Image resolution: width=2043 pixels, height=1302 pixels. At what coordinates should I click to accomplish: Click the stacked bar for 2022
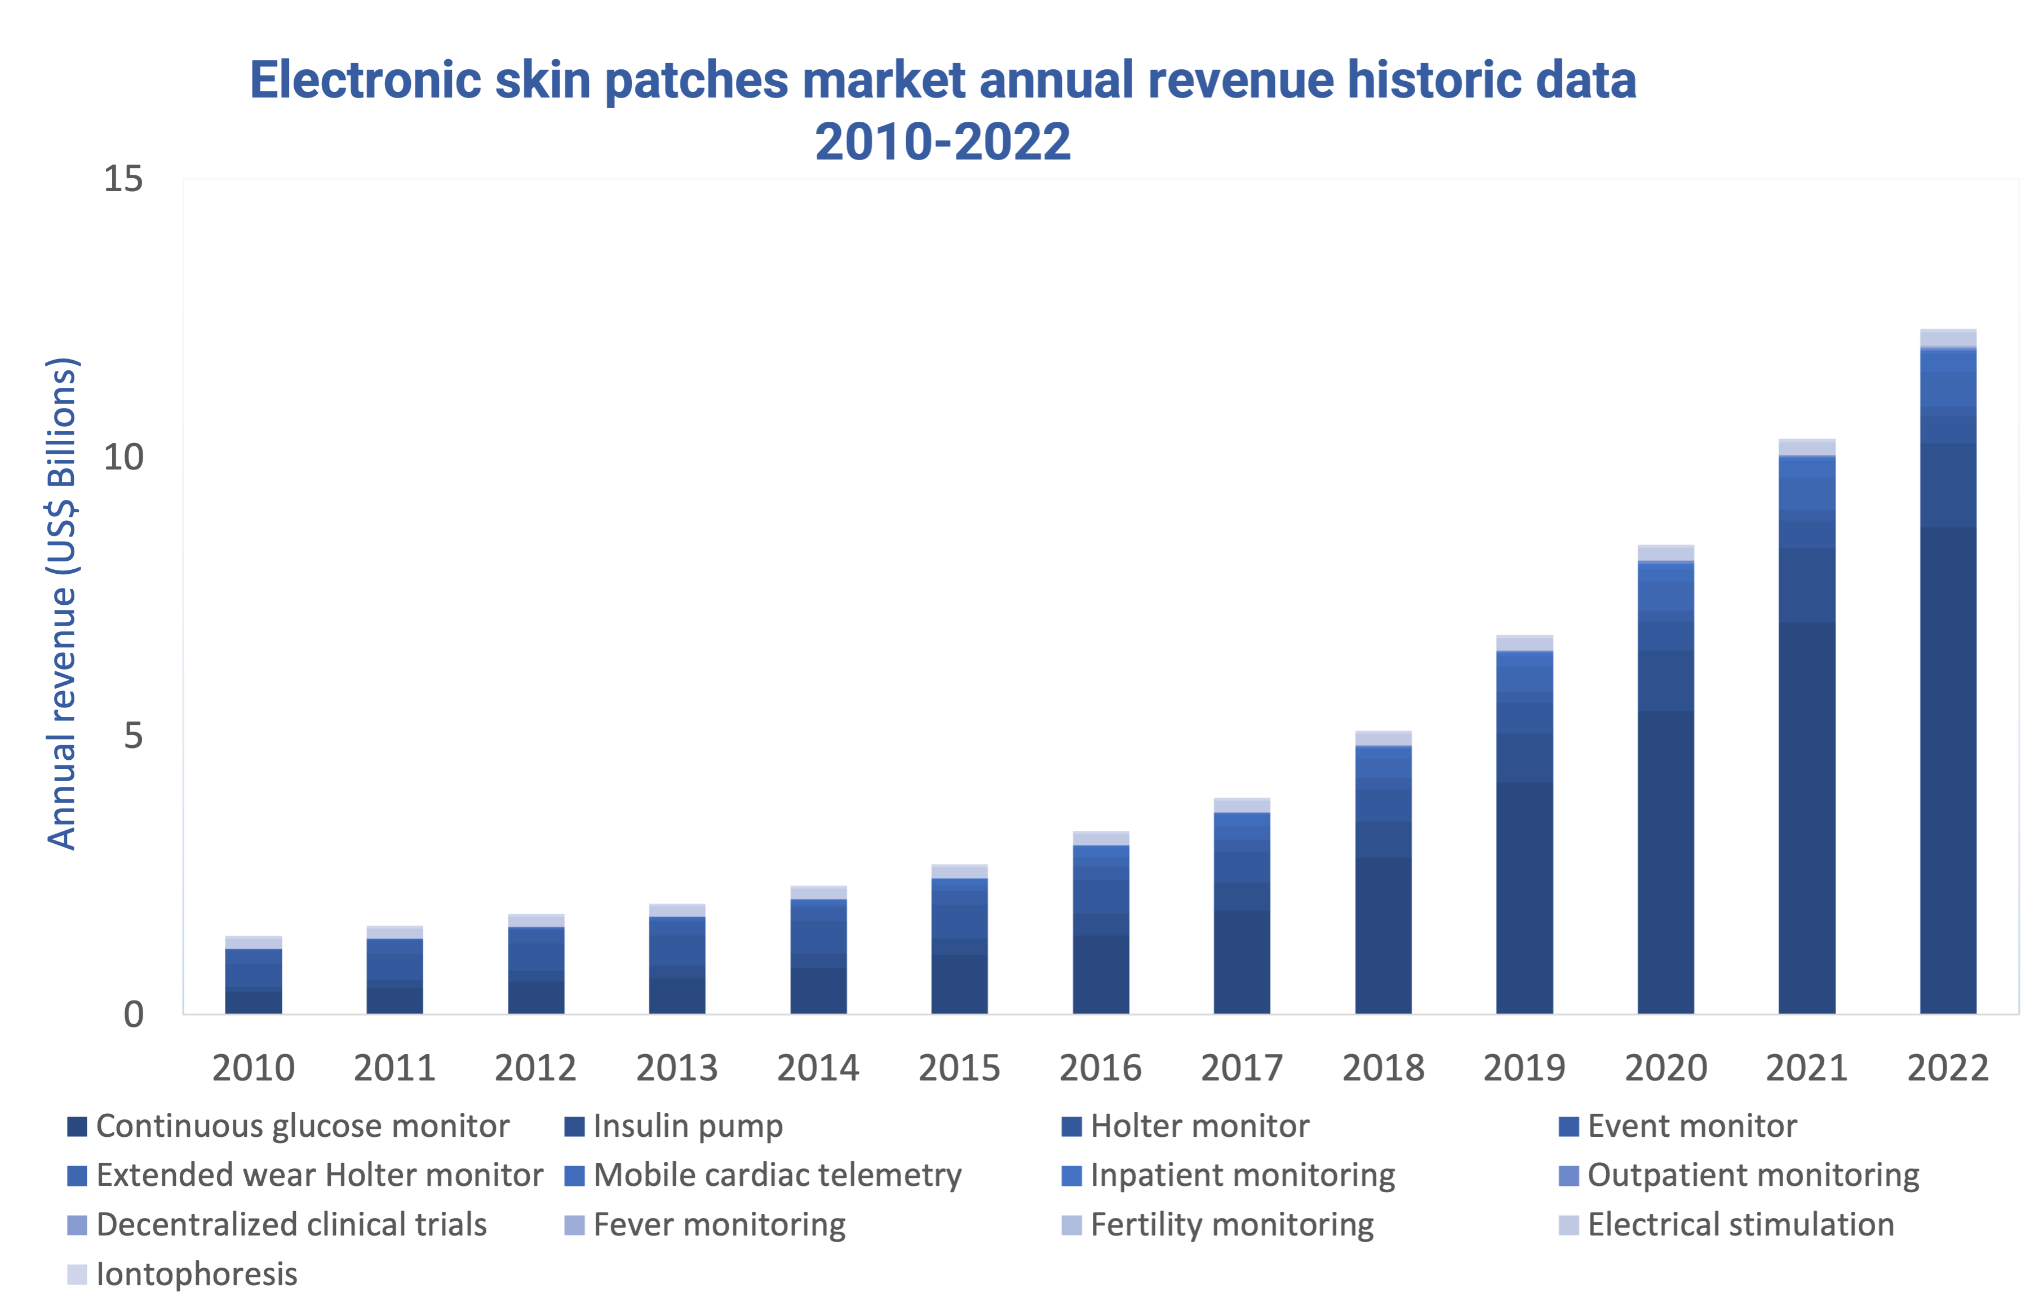click(x=1947, y=671)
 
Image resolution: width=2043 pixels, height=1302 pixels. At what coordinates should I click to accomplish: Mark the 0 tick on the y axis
click(x=133, y=1015)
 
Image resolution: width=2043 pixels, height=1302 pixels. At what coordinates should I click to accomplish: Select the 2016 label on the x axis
click(x=1101, y=1068)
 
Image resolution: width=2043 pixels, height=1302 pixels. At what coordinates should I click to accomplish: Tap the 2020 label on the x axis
click(x=1665, y=1068)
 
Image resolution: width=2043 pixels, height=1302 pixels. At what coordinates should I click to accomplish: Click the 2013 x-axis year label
click(x=677, y=1068)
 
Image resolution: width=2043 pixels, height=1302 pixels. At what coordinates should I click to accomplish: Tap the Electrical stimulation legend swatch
click(x=1568, y=1225)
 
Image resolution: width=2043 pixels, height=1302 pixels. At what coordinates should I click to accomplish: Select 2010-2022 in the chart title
click(x=942, y=141)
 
